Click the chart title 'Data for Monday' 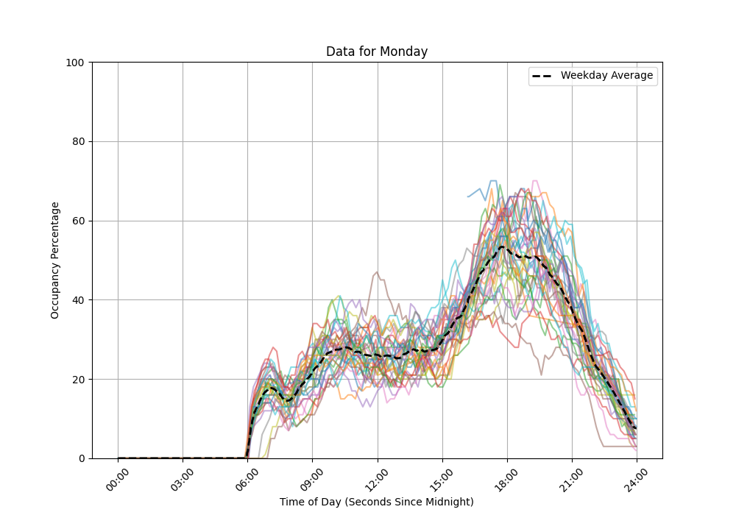coord(376,51)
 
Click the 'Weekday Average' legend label coord(606,76)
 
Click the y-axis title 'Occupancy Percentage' coord(55,260)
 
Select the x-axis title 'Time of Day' coord(376,502)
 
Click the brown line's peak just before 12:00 coord(377,272)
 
